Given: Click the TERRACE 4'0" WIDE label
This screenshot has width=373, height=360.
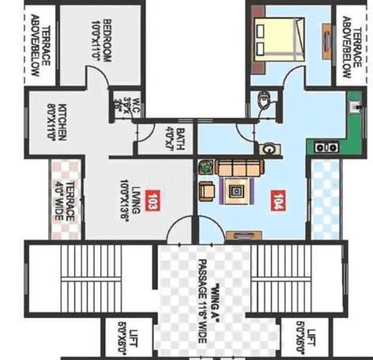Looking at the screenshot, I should click(x=67, y=200).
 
